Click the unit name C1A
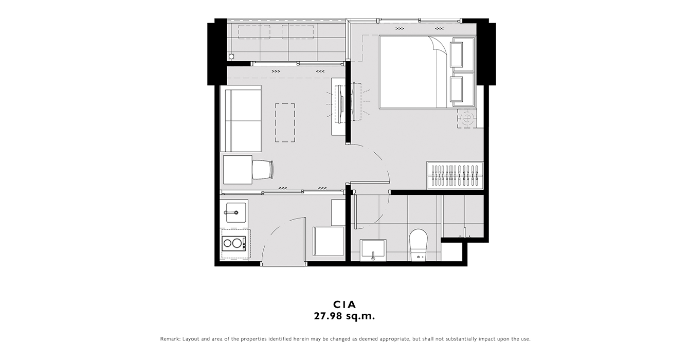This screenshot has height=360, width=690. click(x=344, y=304)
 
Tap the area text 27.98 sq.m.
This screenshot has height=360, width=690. click(x=344, y=316)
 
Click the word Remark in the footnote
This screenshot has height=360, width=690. click(x=170, y=339)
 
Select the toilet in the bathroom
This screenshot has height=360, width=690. click(x=419, y=245)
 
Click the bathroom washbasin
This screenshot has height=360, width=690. click(x=373, y=249)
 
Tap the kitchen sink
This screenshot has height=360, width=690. click(x=236, y=212)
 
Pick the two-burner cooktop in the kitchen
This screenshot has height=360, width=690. click(x=234, y=243)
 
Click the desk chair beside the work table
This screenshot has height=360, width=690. click(x=263, y=170)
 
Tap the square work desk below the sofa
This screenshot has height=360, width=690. click(x=238, y=170)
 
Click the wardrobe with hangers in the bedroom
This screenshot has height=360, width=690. click(x=455, y=175)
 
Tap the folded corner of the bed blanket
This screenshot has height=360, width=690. click(x=436, y=44)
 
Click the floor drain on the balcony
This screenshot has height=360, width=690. click(x=231, y=57)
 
